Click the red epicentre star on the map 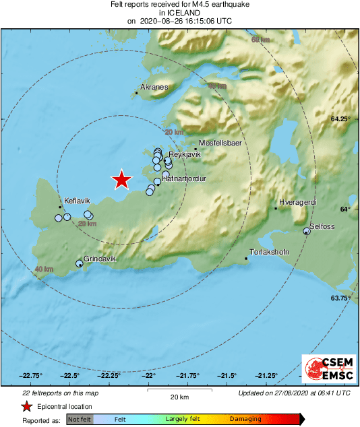121,180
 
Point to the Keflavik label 76,201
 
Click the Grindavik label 100,259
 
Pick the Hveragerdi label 297,203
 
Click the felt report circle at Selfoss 307,231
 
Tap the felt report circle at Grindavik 80,263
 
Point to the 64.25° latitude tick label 340,119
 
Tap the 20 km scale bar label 179,396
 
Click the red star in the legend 26,406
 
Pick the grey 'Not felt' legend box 80,419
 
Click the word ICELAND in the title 179,12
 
